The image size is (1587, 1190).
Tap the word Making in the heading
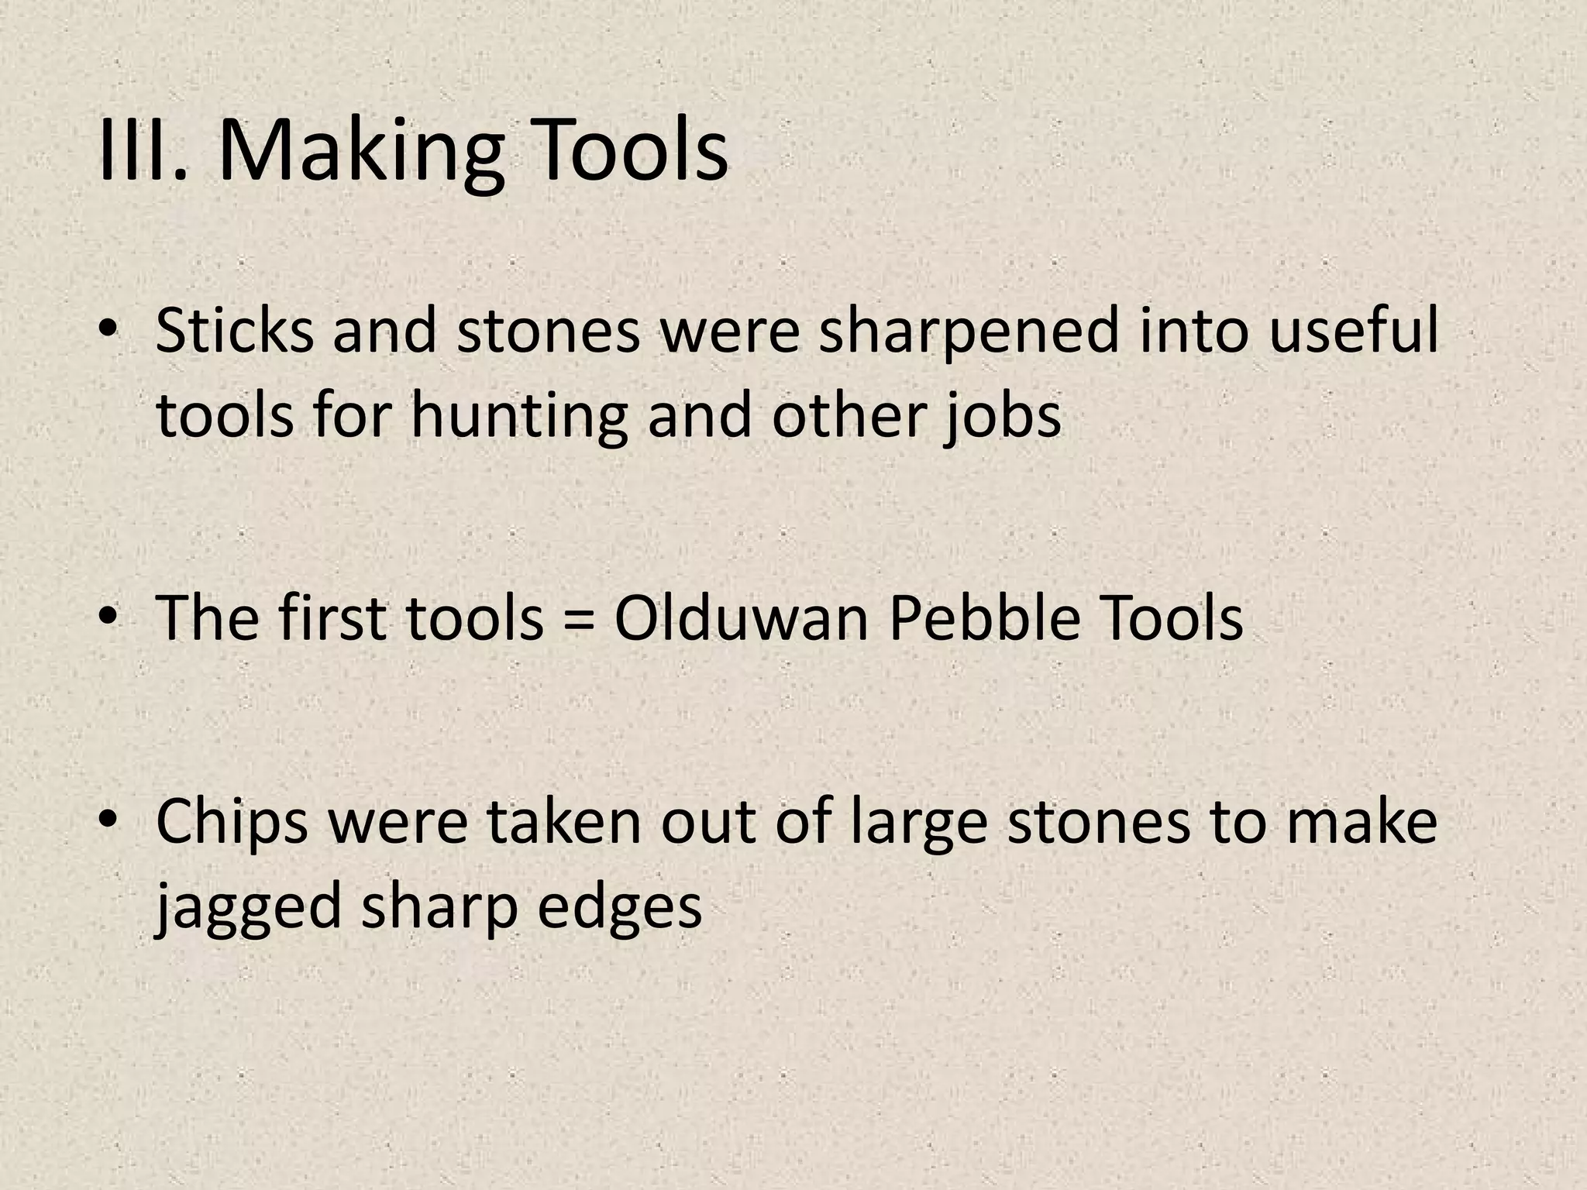(360, 151)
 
